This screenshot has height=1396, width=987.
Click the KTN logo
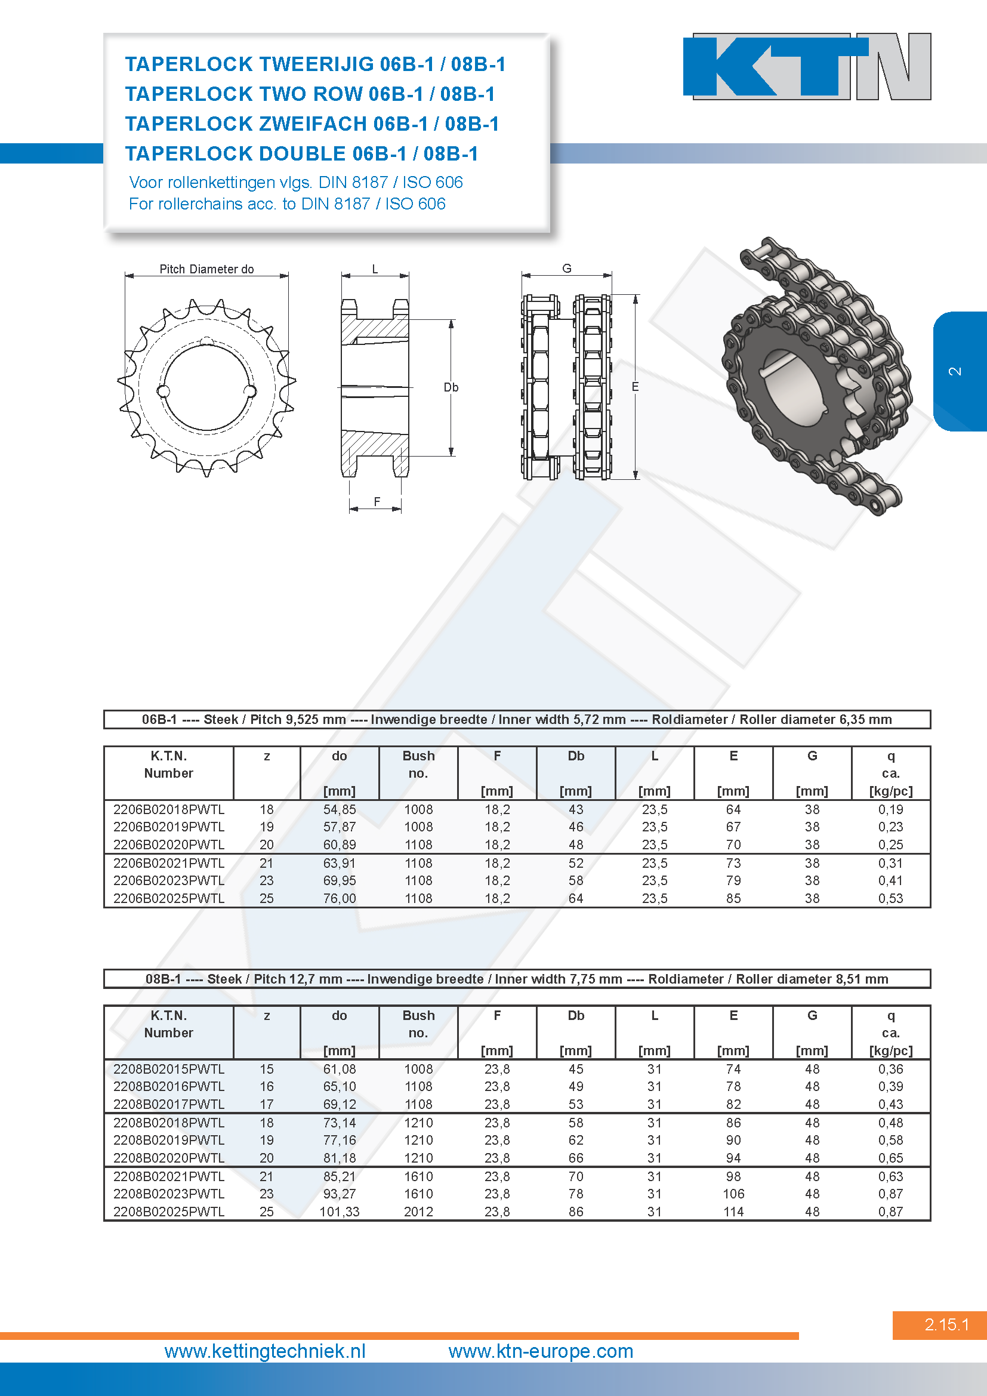click(x=807, y=66)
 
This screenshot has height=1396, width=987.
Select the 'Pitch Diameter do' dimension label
click(x=206, y=269)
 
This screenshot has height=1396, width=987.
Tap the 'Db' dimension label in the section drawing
click(x=451, y=387)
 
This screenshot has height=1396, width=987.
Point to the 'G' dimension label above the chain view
click(x=567, y=268)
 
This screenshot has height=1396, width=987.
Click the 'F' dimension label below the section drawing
click(x=377, y=501)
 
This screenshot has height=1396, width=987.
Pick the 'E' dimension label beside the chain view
click(x=635, y=387)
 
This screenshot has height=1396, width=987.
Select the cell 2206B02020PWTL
click(x=169, y=845)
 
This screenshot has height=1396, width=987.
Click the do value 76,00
click(x=339, y=898)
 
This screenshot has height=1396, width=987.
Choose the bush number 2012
click(x=419, y=1212)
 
